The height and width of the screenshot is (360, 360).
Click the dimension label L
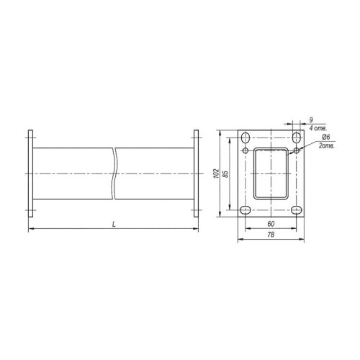[x=114, y=225]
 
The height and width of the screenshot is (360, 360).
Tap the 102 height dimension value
[x=217, y=174]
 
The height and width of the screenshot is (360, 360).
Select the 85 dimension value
[x=225, y=174]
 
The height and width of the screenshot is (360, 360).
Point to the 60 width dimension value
[x=271, y=224]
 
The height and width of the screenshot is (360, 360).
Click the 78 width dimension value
[x=271, y=235]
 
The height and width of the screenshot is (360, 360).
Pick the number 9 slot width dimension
[x=311, y=120]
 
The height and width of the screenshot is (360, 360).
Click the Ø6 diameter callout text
[x=326, y=137]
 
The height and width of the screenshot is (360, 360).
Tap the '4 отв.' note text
[x=318, y=128]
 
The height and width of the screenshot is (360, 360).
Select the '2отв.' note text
[x=327, y=145]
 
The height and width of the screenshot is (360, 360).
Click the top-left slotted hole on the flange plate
[x=246, y=138]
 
